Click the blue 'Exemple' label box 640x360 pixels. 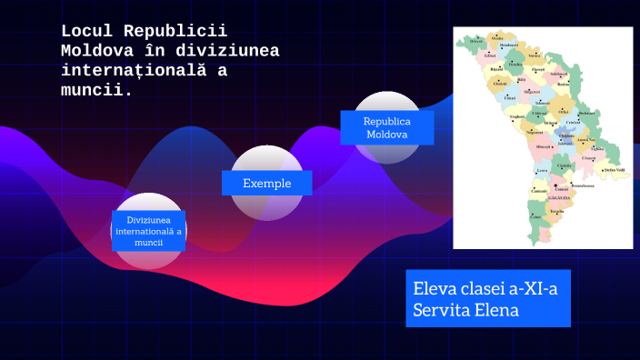pyautogui.click(x=266, y=183)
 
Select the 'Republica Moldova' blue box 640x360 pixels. pyautogui.click(x=386, y=127)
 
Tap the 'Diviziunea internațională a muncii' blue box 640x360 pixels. pyautogui.click(x=148, y=231)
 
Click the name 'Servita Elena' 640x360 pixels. pyautogui.click(x=465, y=309)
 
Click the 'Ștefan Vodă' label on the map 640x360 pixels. pyautogui.click(x=615, y=170)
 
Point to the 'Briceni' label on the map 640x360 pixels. pyautogui.click(x=475, y=41)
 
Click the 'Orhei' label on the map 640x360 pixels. pyautogui.click(x=551, y=112)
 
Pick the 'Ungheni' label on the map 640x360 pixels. pyautogui.click(x=517, y=116)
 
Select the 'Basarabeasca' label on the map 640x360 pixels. pyautogui.click(x=582, y=185)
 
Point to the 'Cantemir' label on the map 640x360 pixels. pyautogui.click(x=539, y=191)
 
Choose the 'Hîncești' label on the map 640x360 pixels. pyautogui.click(x=544, y=146)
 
